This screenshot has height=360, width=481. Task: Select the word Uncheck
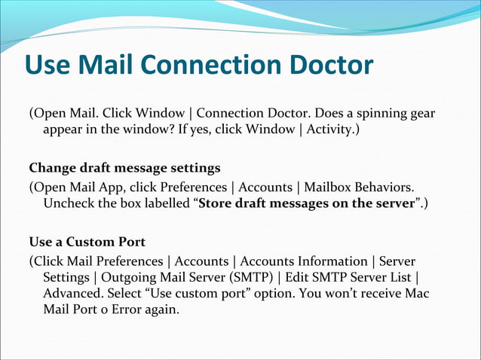70,203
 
